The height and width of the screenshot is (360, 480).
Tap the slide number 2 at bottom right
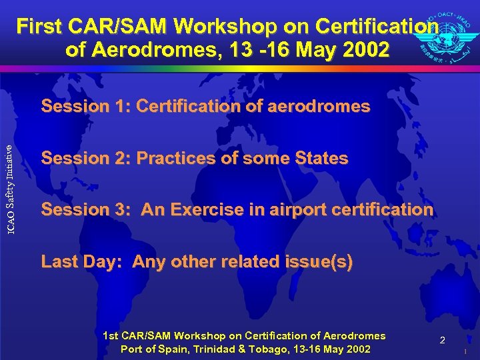442,341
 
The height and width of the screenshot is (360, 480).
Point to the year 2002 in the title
365,50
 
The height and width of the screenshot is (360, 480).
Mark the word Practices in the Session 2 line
171,158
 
